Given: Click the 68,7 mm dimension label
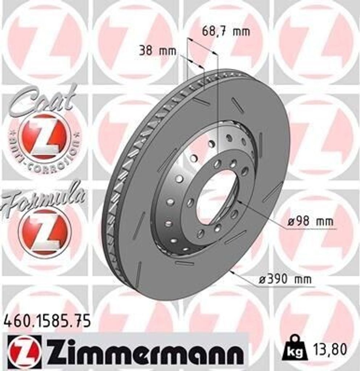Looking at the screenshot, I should click(225, 32).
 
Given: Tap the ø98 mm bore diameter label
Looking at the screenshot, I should click(310, 221).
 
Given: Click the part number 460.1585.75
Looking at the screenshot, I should click(47, 321).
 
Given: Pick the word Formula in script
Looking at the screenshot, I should click(44, 198).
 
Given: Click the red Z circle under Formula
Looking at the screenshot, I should click(43, 232).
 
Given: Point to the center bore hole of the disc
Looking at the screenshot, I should click(217, 197).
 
